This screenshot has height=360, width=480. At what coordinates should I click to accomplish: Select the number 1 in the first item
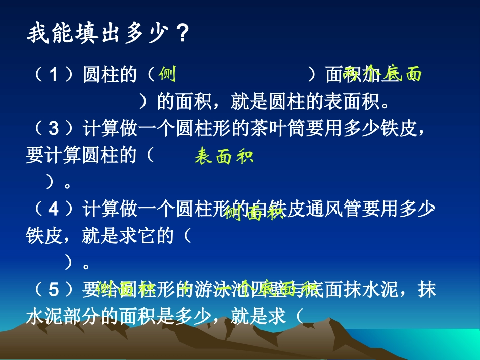point(55,75)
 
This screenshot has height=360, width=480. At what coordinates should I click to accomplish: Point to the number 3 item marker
point(55,129)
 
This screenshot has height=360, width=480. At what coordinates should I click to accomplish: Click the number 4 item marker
point(55,209)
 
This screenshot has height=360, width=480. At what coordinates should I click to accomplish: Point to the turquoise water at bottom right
point(445,343)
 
